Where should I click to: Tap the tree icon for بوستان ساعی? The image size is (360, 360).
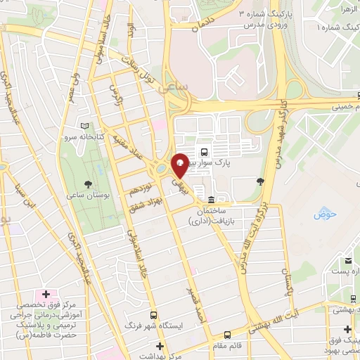(x=86, y=184)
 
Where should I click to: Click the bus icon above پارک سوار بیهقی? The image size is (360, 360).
(x=204, y=151)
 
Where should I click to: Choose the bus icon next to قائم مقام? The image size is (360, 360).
(x=227, y=335)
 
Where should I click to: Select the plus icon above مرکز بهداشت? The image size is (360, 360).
(x=160, y=346)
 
